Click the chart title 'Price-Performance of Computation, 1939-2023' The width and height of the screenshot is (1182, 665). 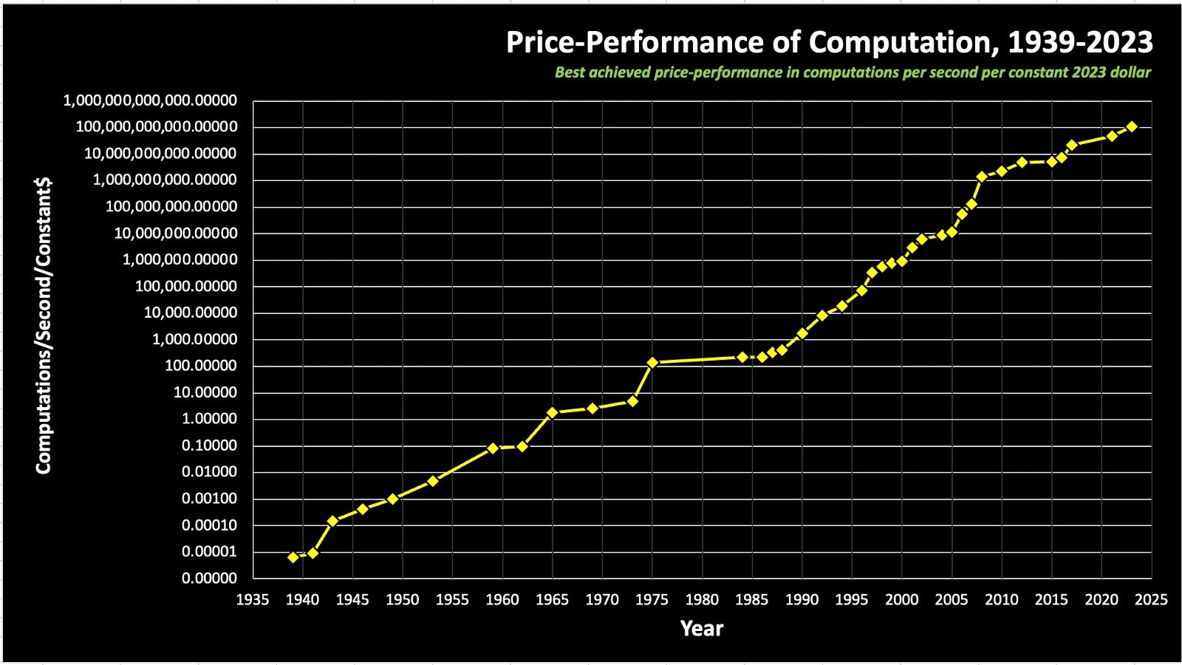tap(829, 43)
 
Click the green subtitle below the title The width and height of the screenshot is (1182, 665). tap(853, 72)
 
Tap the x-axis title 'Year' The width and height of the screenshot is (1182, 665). tap(701, 629)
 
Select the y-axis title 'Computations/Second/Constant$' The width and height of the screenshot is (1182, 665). tap(44, 326)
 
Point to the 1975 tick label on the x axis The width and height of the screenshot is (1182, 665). tap(652, 600)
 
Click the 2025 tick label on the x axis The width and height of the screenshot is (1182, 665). tap(1151, 600)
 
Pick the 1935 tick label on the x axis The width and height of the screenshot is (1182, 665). tap(253, 600)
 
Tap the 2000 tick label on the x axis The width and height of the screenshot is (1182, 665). tap(901, 600)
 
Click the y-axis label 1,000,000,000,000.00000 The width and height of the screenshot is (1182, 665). tap(150, 100)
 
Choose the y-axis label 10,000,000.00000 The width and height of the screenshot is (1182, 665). tap(176, 233)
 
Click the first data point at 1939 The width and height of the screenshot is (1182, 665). tap(293, 557)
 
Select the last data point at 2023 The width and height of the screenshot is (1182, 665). tap(1131, 127)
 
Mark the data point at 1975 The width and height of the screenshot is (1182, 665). tap(652, 363)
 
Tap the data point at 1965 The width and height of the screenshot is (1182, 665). tap(552, 412)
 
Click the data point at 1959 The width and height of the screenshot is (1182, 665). tap(493, 448)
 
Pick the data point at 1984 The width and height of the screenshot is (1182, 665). tap(742, 357)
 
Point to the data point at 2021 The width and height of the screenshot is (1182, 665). tap(1111, 137)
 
